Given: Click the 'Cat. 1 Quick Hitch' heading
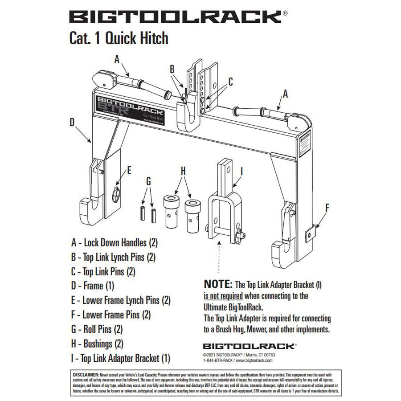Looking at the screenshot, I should pos(119,38).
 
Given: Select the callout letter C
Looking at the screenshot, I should pos(230,82).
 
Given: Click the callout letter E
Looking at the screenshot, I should pos(129,170).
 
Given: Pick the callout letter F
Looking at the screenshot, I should pos(327,207).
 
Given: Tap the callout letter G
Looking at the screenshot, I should pos(148,181).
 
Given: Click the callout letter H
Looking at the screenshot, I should pos(183,170).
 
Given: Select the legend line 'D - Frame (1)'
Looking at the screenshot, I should pos(93,285).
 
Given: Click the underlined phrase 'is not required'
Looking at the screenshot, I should pos(223,295).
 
